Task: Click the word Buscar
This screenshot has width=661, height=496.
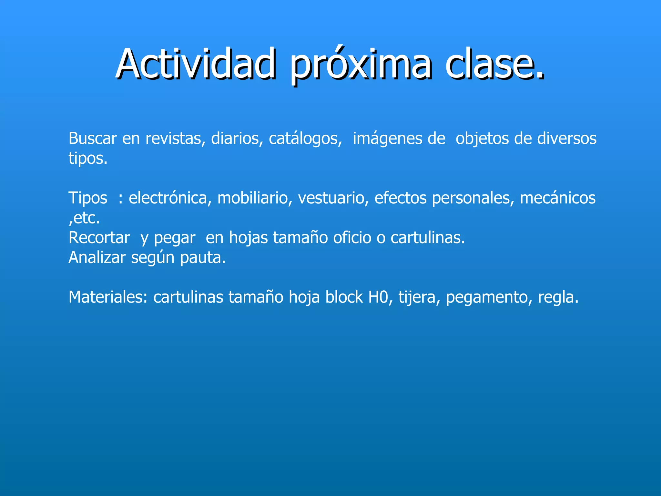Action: (x=92, y=139)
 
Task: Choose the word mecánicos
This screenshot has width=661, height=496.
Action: (x=557, y=198)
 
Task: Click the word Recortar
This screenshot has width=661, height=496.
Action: (x=99, y=238)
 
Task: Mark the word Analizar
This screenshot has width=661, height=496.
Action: (x=97, y=258)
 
